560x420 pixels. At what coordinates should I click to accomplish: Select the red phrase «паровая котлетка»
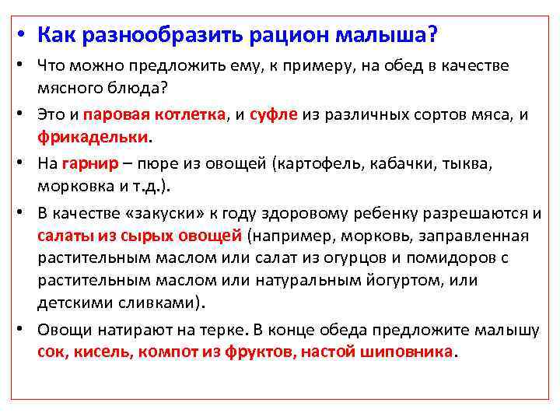pyautogui.click(x=154, y=115)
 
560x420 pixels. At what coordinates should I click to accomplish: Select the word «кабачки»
pyautogui.click(x=410, y=164)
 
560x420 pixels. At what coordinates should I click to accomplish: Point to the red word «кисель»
pyautogui.click(x=103, y=351)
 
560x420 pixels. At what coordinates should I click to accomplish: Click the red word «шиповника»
pyautogui.click(x=408, y=351)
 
